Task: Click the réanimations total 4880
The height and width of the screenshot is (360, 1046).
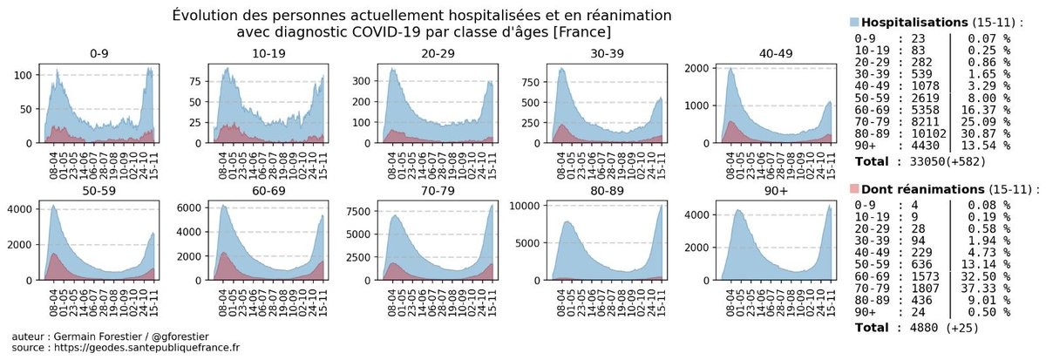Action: click(x=920, y=329)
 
